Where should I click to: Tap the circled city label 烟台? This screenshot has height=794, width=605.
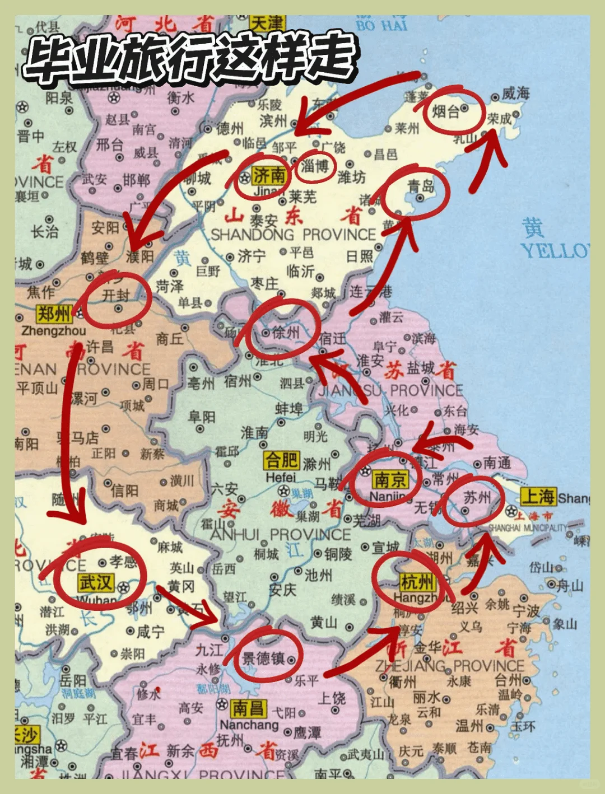(x=446, y=111)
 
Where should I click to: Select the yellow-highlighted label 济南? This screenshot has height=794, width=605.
(x=269, y=175)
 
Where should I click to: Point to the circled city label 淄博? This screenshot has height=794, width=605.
(x=315, y=166)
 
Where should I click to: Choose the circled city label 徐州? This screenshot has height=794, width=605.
(x=286, y=333)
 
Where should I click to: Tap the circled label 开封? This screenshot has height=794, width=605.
(x=116, y=295)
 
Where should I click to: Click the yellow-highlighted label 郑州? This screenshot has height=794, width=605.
(x=54, y=314)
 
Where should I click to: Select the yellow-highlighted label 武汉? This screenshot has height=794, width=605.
(x=96, y=582)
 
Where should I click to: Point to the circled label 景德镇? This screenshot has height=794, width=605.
(x=263, y=658)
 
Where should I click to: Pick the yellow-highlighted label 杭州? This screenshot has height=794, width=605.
(x=417, y=582)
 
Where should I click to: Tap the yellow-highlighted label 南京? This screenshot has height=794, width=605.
(x=390, y=479)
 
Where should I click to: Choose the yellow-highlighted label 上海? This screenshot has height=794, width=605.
(x=538, y=497)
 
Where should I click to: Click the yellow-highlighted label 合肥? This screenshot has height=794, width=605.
(x=282, y=460)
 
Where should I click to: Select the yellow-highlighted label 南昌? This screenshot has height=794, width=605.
(x=248, y=708)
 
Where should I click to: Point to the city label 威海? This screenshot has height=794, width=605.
(x=515, y=93)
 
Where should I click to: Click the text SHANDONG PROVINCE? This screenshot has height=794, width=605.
(x=293, y=235)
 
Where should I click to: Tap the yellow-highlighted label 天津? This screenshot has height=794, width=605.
(x=267, y=24)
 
